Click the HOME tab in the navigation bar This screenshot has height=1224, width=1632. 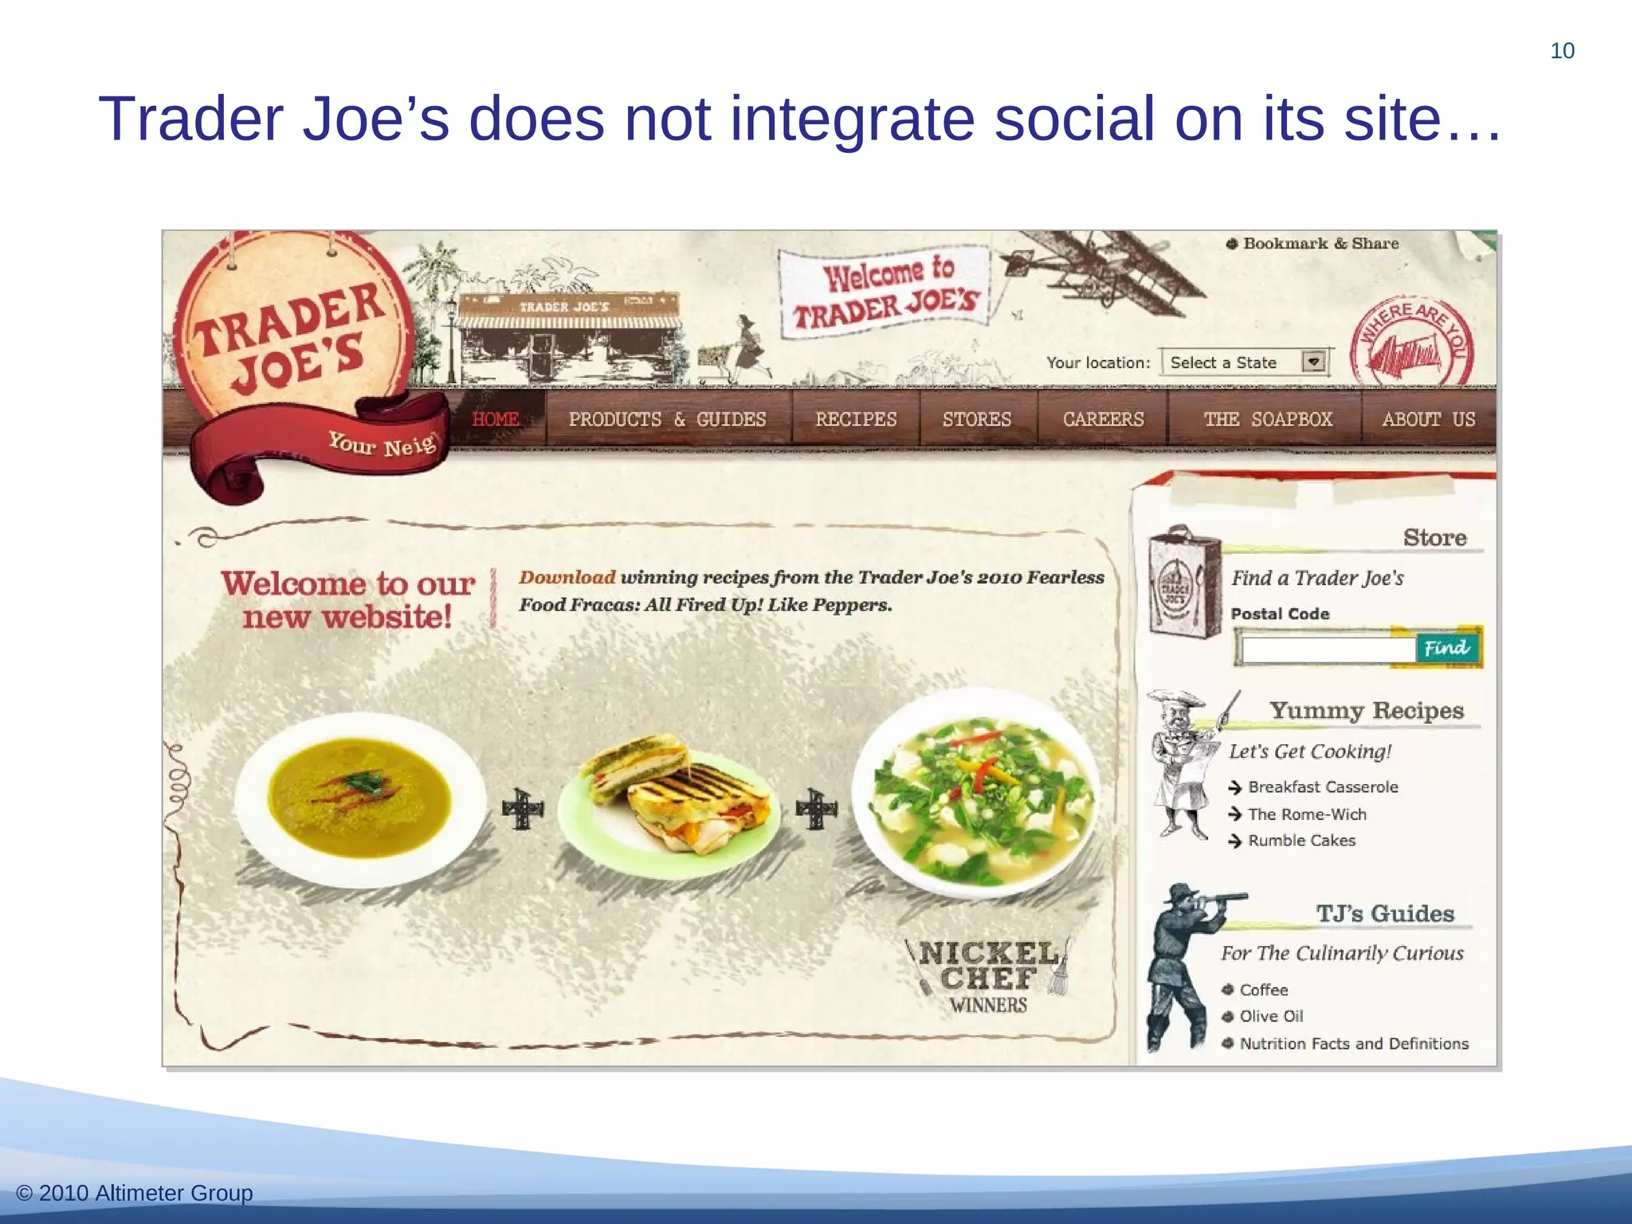496,419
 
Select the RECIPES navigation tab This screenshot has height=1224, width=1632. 856,419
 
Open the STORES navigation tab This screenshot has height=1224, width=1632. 977,419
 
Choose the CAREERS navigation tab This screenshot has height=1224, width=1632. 1103,419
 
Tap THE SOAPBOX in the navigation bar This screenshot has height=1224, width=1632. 1268,419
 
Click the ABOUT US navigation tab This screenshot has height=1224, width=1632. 1429,419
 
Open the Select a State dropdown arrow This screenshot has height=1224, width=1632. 1314,363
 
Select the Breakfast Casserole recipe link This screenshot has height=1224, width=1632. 1323,787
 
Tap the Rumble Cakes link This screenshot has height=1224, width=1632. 1301,841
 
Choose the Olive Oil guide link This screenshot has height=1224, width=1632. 1271,1017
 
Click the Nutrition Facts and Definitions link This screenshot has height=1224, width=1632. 1354,1044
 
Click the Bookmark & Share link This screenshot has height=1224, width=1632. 1320,244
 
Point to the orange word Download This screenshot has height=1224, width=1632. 567,578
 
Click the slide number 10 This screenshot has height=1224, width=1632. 1562,51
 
